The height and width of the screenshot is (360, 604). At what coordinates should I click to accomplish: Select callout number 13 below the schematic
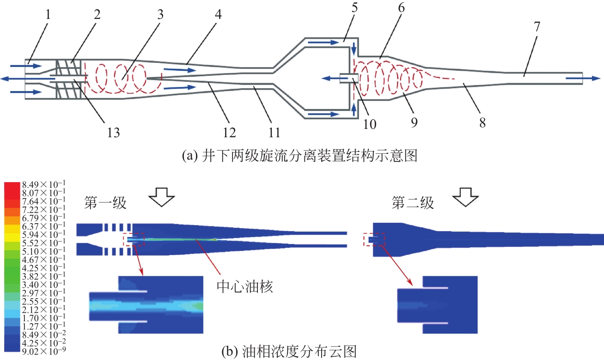click(x=113, y=133)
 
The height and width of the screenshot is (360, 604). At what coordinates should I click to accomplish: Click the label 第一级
click(x=105, y=203)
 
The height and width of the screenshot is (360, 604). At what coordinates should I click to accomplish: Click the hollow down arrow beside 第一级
click(x=161, y=199)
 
